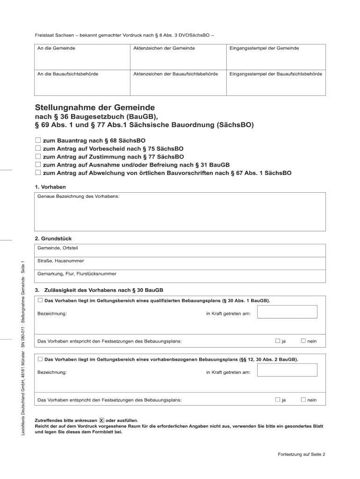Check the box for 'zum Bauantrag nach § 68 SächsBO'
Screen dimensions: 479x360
point(38,140)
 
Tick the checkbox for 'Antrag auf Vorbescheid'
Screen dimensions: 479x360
point(38,148)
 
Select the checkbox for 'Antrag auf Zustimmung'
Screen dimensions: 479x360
point(38,157)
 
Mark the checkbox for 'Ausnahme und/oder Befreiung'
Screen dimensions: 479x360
point(38,165)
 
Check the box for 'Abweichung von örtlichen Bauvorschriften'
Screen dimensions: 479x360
point(38,173)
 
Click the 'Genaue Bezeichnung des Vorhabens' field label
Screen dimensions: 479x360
point(78,196)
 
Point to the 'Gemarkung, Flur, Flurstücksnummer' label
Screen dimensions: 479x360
point(77,274)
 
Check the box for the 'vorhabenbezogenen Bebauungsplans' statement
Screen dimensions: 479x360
point(40,359)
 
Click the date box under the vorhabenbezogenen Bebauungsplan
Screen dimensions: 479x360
point(288,370)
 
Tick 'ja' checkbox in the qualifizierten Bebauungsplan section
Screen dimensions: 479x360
point(278,341)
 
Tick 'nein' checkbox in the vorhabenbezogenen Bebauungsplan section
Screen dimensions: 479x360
point(303,399)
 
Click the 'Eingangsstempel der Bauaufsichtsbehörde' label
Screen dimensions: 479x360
point(275,74)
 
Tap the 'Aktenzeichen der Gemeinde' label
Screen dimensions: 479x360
point(158,48)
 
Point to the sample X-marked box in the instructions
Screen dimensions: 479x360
point(102,421)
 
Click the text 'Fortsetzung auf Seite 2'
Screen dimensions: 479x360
point(301,454)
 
